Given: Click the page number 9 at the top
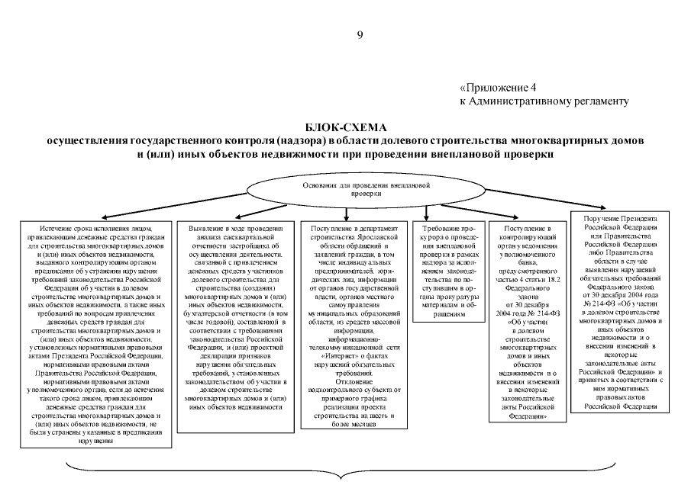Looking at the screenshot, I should pyautogui.click(x=360, y=34).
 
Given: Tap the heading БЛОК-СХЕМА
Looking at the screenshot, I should pyautogui.click(x=346, y=127).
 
